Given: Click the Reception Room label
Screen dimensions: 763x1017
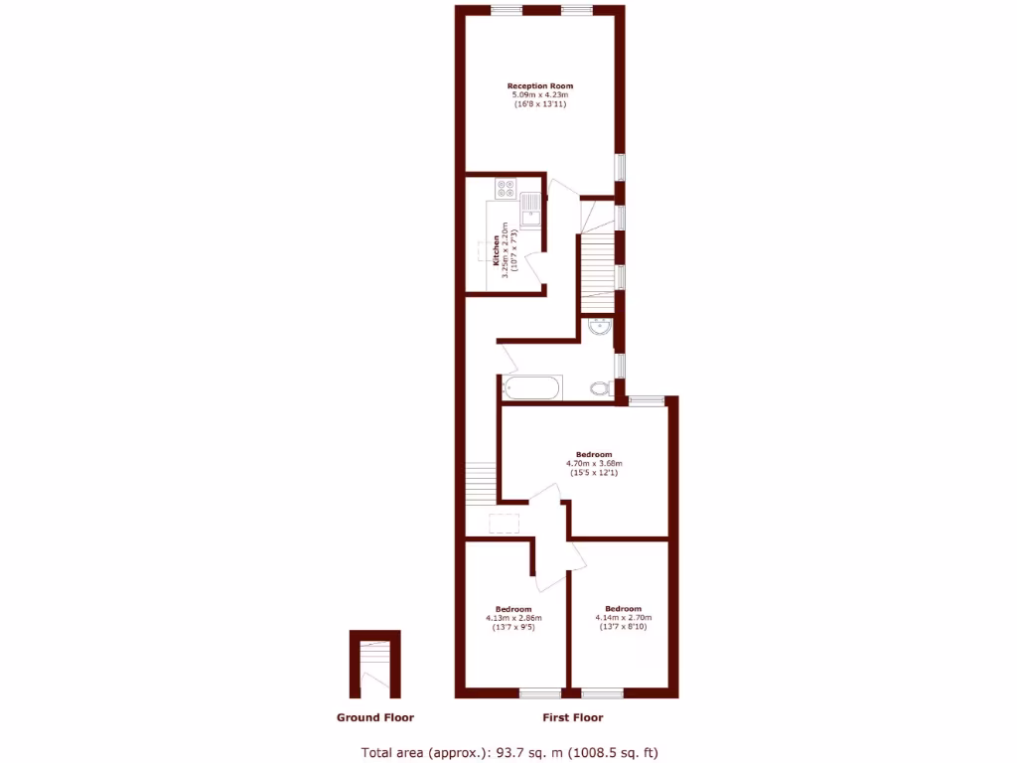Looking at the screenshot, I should pyautogui.click(x=540, y=86).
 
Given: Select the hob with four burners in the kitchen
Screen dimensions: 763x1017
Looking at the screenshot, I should pyautogui.click(x=504, y=186).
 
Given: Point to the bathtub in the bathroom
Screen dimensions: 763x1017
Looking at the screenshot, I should pyautogui.click(x=532, y=386).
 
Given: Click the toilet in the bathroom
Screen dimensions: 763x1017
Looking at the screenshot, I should pyautogui.click(x=600, y=387).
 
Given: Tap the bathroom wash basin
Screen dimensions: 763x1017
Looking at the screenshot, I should pyautogui.click(x=599, y=329).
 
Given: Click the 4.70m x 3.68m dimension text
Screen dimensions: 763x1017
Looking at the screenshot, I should pyautogui.click(x=594, y=463).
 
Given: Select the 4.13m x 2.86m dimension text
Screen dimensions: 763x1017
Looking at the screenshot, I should pyautogui.click(x=513, y=618).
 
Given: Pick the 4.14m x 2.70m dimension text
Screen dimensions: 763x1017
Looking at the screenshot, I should pyautogui.click(x=623, y=618).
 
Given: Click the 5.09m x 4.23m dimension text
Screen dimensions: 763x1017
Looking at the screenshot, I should pyautogui.click(x=540, y=95).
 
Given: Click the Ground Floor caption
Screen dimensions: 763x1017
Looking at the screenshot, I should pyautogui.click(x=374, y=717).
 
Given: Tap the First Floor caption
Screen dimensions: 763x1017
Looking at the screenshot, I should pyautogui.click(x=572, y=717).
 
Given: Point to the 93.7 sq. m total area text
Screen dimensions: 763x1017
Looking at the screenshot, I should pyautogui.click(x=508, y=752).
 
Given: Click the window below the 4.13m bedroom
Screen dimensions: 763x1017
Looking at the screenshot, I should pyautogui.click(x=540, y=692).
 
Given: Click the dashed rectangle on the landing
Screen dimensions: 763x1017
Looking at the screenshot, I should pyautogui.click(x=504, y=524).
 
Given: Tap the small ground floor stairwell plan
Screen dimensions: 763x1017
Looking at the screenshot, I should pyautogui.click(x=374, y=666).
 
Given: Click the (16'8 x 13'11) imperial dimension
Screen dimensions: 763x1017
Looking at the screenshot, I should pyautogui.click(x=540, y=104).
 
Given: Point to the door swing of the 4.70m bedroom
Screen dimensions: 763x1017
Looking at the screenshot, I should pyautogui.click(x=544, y=496).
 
